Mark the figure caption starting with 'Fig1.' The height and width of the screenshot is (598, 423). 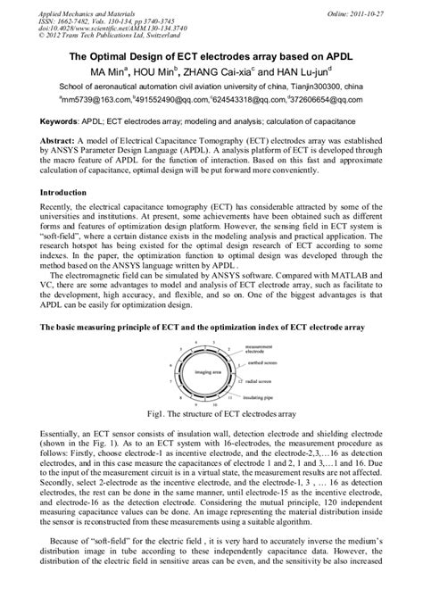coord(211,415)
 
